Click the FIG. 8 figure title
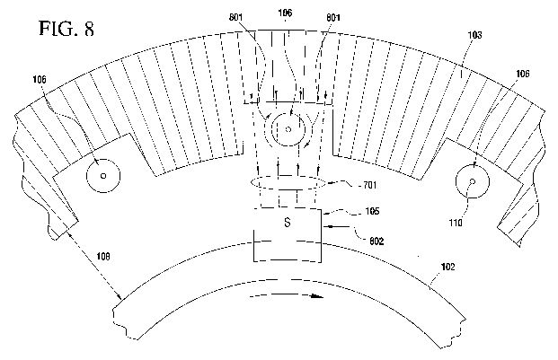[x=66, y=29]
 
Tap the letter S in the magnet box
[x=288, y=223]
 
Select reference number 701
[x=369, y=185]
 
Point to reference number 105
[x=373, y=211]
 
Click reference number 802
[x=376, y=241]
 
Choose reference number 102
[x=447, y=267]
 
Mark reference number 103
[x=474, y=35]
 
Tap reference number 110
[x=456, y=223]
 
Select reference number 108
[x=103, y=256]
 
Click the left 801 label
[x=235, y=17]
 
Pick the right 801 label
[x=332, y=17]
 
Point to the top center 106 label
[x=285, y=13]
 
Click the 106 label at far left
[x=40, y=79]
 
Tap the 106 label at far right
[x=522, y=74]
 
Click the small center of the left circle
[x=103, y=176]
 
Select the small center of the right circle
[x=473, y=181]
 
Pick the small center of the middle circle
[x=288, y=129]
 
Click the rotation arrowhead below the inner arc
[x=316, y=296]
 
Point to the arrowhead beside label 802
[x=327, y=225]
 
